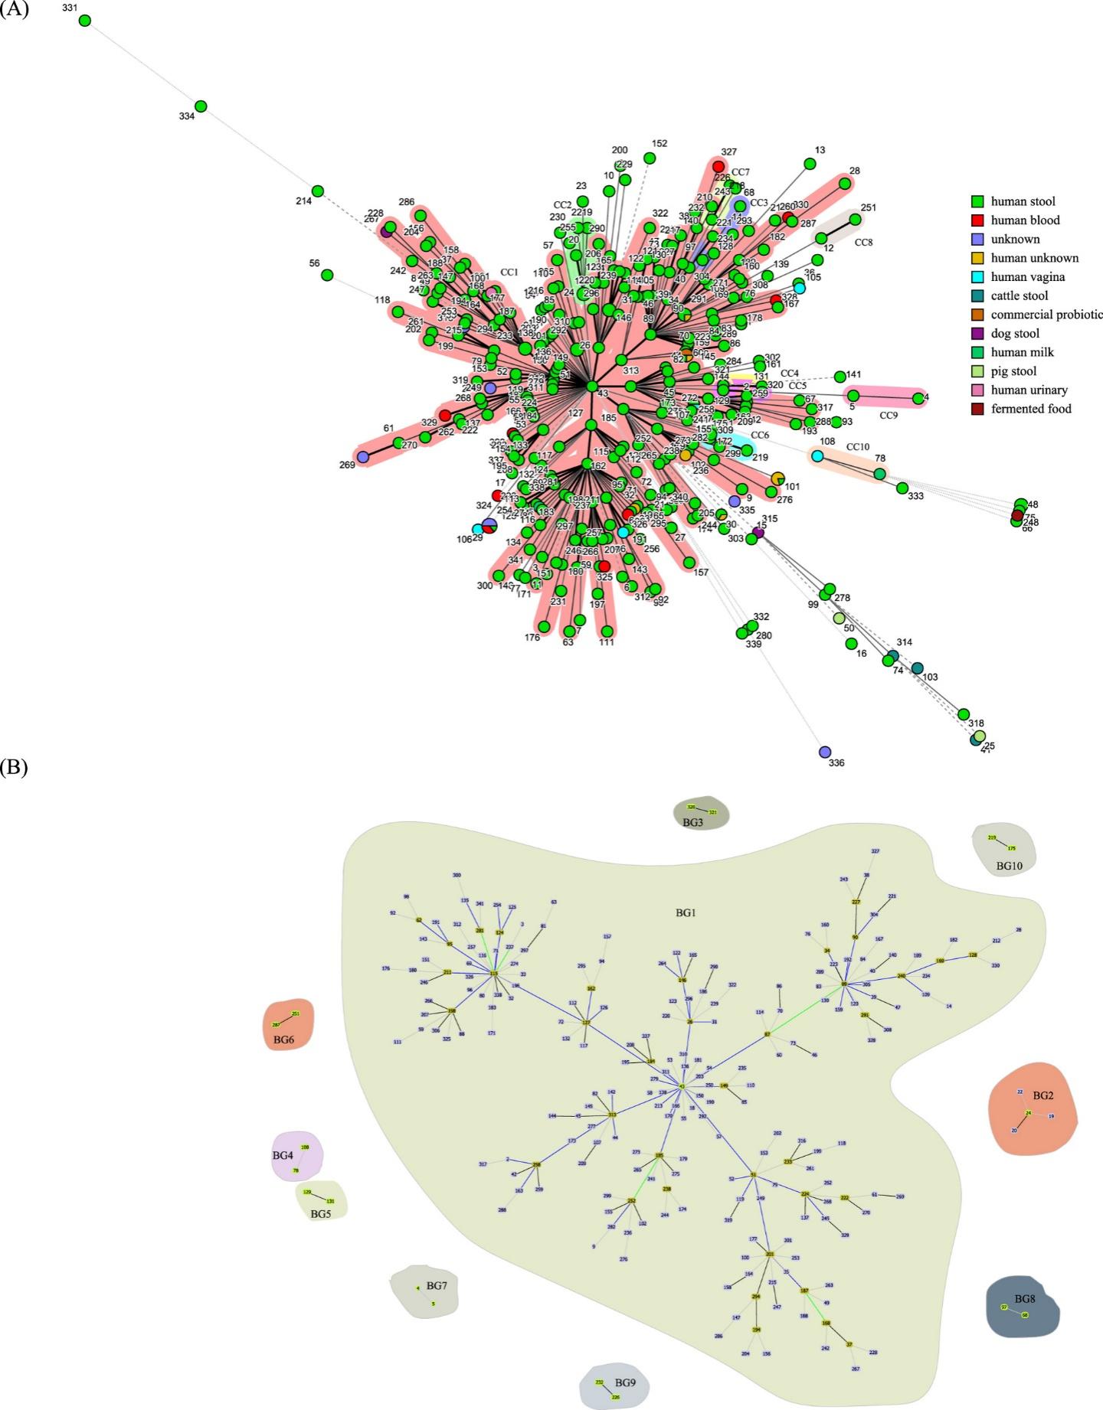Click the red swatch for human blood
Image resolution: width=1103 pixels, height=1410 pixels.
(977, 220)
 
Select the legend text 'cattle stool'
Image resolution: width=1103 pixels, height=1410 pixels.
(1019, 295)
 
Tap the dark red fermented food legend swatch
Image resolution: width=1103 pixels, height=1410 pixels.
(977, 409)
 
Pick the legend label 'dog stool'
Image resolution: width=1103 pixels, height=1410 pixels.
(1015, 334)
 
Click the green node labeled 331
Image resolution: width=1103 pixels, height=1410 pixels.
(85, 21)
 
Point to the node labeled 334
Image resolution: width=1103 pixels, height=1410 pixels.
(201, 106)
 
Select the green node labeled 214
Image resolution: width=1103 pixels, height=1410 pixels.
(318, 191)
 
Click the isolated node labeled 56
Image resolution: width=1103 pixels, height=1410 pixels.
(327, 275)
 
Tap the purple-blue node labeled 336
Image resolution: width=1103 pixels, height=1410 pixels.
(824, 752)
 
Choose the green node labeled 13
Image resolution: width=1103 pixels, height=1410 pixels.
(810, 163)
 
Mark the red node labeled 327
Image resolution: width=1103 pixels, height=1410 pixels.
(718, 166)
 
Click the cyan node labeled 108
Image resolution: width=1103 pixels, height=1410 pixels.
(817, 456)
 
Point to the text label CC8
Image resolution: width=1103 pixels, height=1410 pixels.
(863, 243)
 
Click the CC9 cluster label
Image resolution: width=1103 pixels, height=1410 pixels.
(888, 416)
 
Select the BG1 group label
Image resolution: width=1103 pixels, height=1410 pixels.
(686, 913)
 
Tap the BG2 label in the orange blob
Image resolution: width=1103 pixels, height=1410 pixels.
(1043, 1095)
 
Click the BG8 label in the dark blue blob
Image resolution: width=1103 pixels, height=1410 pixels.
(1025, 1299)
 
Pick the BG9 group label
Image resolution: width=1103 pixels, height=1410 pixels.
(625, 1382)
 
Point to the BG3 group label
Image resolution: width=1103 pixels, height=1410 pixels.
(692, 822)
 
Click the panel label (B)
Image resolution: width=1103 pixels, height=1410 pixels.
(14, 769)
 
